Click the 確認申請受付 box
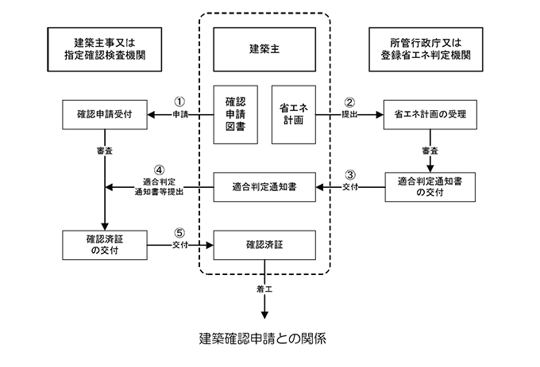(x=107, y=114)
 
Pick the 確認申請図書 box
(x=237, y=114)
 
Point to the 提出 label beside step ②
(x=349, y=115)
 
